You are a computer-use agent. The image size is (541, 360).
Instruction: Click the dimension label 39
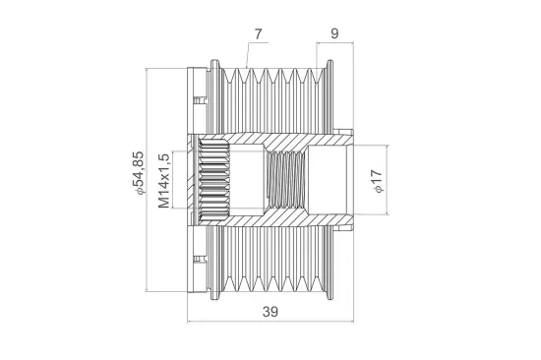(x=270, y=312)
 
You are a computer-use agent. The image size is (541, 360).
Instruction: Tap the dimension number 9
(x=334, y=33)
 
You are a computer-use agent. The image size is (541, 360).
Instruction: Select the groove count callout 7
(x=258, y=33)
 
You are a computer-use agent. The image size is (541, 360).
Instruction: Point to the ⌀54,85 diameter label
(x=139, y=173)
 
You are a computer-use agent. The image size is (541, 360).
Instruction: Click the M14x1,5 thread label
(x=164, y=181)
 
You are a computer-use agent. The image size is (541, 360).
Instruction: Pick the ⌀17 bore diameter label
(x=377, y=182)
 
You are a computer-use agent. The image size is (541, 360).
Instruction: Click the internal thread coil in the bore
(x=286, y=180)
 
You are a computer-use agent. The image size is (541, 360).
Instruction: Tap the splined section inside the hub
(x=214, y=180)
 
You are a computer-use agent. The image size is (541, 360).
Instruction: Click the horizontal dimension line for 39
(x=270, y=322)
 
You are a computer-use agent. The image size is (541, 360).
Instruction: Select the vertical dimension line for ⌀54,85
(x=147, y=180)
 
